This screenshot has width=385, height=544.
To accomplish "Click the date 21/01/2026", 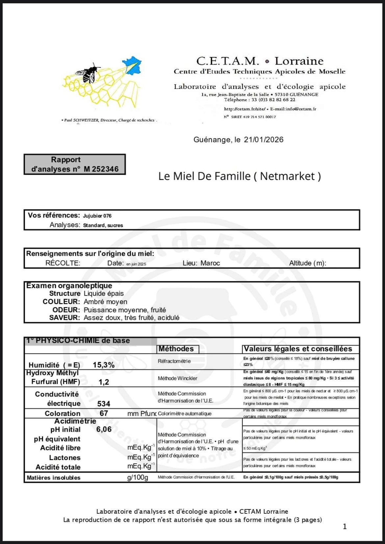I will tap(264, 140).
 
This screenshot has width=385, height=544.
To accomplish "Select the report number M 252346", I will tap(101, 169).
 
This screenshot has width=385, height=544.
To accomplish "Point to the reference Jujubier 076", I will tap(97, 216).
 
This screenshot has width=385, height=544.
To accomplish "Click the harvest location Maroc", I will tap(210, 263).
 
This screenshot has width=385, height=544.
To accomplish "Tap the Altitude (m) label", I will tap(307, 263).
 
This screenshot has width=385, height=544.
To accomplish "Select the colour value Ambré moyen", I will tap(105, 302).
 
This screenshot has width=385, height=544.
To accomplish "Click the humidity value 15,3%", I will tap(104, 365).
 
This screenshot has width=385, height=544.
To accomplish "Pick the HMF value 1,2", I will tap(104, 382).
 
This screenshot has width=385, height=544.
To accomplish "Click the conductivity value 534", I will tap(104, 404).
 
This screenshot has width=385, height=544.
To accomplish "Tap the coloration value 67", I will tap(104, 413).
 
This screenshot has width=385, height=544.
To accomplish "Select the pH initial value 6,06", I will tap(104, 429).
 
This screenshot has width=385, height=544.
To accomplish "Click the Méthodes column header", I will tap(176, 349).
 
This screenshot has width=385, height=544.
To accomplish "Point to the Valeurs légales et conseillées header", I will tap(298, 349).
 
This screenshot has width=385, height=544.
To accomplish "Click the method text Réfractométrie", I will tap(174, 361).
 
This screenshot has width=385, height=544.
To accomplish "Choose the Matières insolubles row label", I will tap(53, 478).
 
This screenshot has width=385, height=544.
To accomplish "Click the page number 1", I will tap(345, 527).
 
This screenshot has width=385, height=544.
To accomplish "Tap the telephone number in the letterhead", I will tap(273, 100).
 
